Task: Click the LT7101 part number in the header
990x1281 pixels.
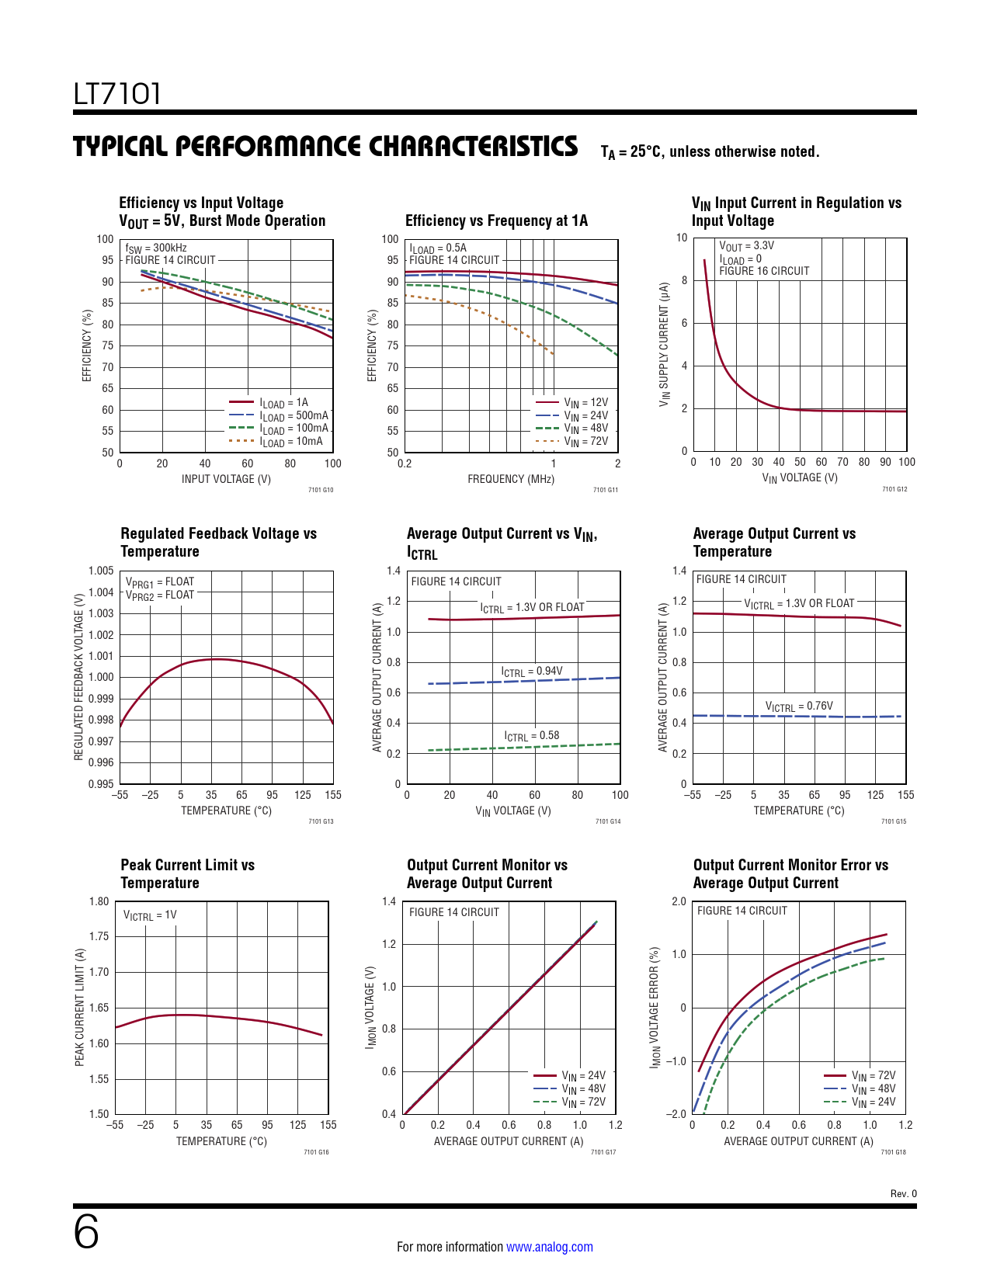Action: [x=117, y=94]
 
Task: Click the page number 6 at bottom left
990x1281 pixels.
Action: [x=86, y=1232]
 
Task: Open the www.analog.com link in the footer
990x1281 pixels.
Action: [x=549, y=1247]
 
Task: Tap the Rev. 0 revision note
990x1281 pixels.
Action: [x=903, y=1193]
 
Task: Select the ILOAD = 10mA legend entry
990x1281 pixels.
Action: [x=290, y=442]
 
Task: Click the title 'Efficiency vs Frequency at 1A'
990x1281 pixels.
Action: [x=496, y=220]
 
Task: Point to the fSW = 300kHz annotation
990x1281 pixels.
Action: [x=156, y=248]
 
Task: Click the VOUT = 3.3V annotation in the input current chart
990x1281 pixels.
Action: [x=746, y=246]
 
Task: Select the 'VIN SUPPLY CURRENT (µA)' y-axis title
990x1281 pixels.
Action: [x=664, y=344]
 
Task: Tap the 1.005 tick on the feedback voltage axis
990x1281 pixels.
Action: [x=101, y=571]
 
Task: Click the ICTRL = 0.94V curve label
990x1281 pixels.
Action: [x=531, y=672]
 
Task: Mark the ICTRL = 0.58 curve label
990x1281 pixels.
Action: [x=531, y=736]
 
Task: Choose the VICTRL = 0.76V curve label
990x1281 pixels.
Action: [x=798, y=706]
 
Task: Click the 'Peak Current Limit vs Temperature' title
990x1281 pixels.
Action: [x=187, y=873]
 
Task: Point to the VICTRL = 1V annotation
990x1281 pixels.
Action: [x=150, y=915]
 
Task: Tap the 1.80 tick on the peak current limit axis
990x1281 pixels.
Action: [x=99, y=901]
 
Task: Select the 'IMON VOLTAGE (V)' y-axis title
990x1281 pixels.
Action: [x=370, y=1007]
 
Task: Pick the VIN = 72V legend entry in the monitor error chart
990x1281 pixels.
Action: [x=873, y=1076]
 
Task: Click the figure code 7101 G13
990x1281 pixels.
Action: [x=321, y=821]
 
